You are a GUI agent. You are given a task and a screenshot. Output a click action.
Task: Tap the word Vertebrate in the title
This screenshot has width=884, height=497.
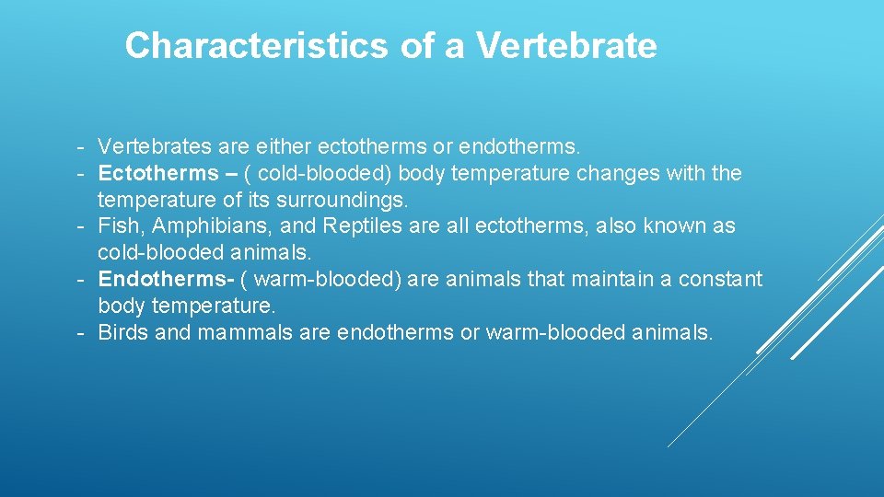pyautogui.click(x=566, y=45)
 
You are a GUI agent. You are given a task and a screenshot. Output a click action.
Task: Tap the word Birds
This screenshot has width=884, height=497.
pyautogui.click(x=123, y=332)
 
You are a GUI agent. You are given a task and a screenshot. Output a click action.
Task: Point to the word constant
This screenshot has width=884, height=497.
pyautogui.click(x=721, y=279)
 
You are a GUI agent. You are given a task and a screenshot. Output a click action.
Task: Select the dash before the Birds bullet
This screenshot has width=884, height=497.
pyautogui.click(x=81, y=332)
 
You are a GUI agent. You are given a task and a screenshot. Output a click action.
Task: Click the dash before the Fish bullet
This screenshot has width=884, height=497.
pyautogui.click(x=81, y=225)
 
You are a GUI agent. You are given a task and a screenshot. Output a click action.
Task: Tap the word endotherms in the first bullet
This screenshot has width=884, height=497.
pyautogui.click(x=519, y=146)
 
